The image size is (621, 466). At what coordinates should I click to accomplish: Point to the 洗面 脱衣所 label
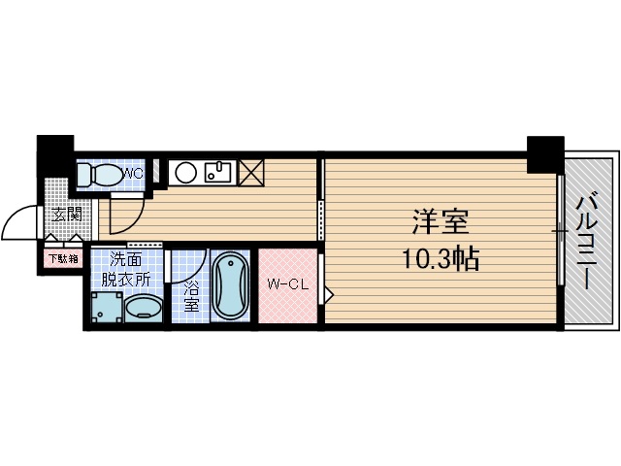[130, 269]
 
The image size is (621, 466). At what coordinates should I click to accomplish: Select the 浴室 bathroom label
[191, 296]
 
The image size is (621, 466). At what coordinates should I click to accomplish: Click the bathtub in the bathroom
[230, 285]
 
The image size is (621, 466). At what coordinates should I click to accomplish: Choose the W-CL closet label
[286, 285]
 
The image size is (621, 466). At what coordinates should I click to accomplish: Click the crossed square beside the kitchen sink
[250, 174]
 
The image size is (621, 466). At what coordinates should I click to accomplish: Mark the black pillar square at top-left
[55, 153]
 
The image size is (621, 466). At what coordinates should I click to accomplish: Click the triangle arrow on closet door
[329, 292]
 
